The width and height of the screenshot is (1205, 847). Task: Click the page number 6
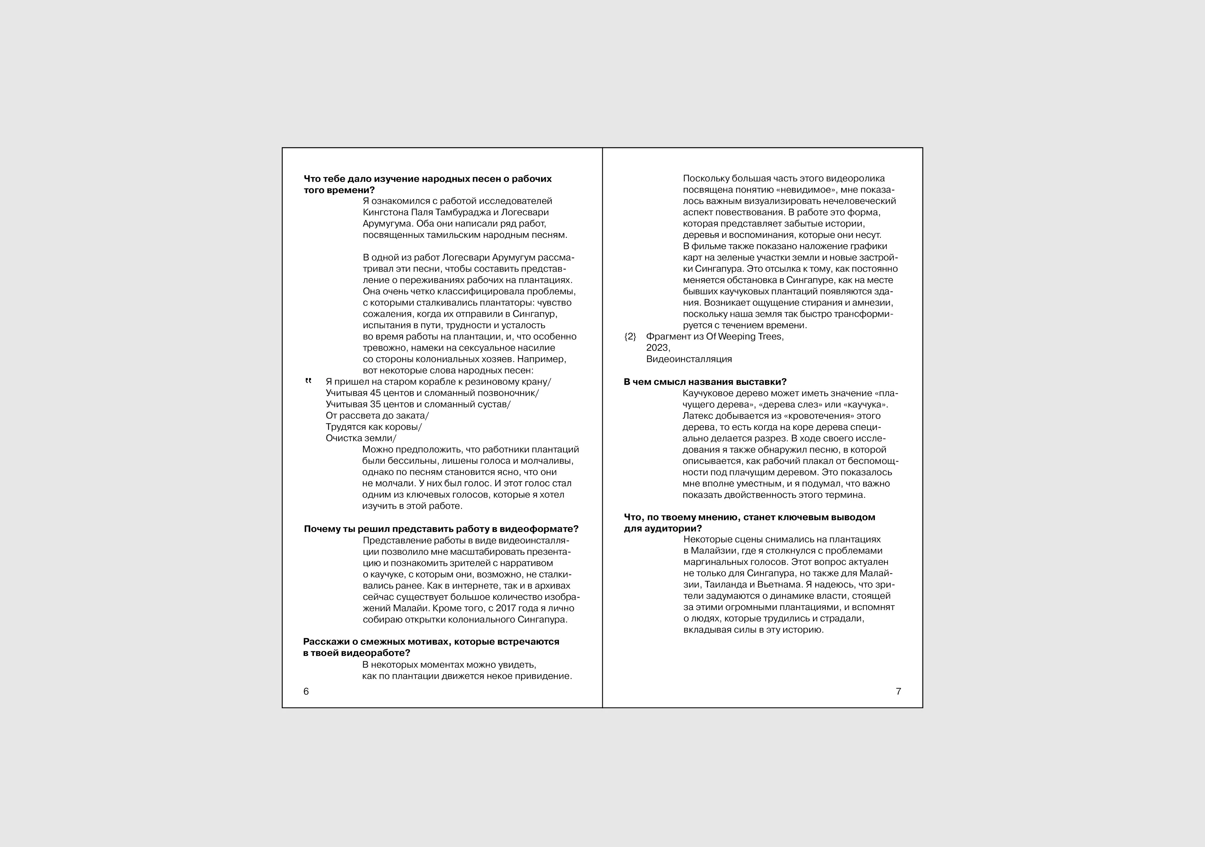[x=306, y=692]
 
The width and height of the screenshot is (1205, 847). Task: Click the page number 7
[x=898, y=692]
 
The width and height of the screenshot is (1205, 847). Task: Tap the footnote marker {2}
[x=630, y=336]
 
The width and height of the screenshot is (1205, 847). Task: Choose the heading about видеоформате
[x=441, y=529]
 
